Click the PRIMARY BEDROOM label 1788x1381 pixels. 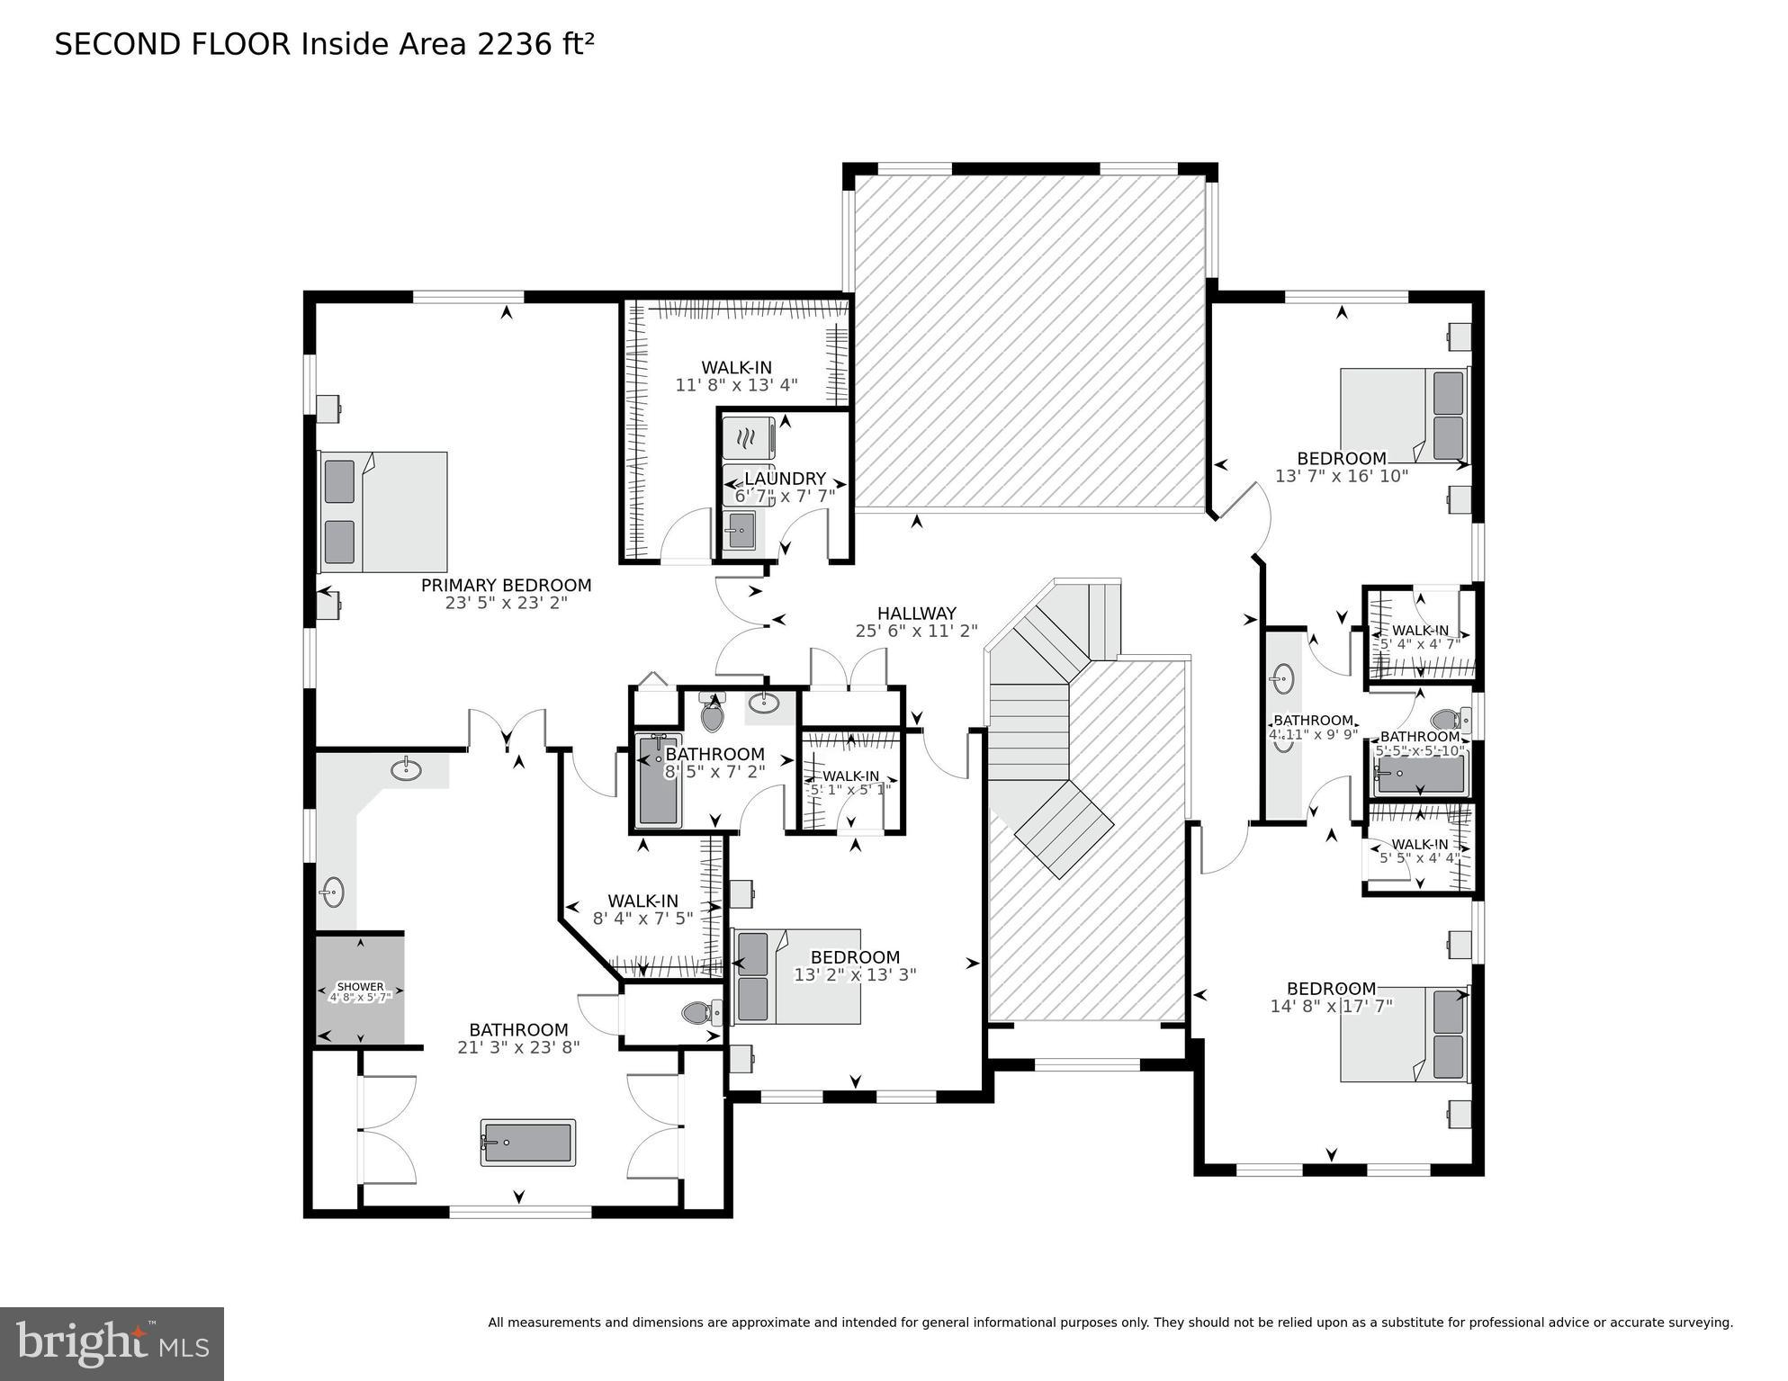[x=506, y=586]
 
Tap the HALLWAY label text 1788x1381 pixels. [x=916, y=614]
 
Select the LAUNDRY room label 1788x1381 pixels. [x=785, y=479]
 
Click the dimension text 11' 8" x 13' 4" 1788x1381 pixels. [x=736, y=385]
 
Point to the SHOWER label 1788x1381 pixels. [x=360, y=987]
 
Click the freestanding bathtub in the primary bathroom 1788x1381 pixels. [x=528, y=1143]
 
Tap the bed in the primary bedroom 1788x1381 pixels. [x=383, y=512]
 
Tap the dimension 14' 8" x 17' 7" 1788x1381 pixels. [x=1331, y=1006]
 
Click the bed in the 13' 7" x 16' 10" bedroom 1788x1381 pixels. [x=1403, y=416]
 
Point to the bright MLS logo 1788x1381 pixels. [x=112, y=1344]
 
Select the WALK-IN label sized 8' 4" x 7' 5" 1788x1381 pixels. [x=642, y=901]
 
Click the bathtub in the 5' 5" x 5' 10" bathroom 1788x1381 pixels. [x=1419, y=775]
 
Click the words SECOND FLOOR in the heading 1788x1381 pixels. [x=173, y=45]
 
